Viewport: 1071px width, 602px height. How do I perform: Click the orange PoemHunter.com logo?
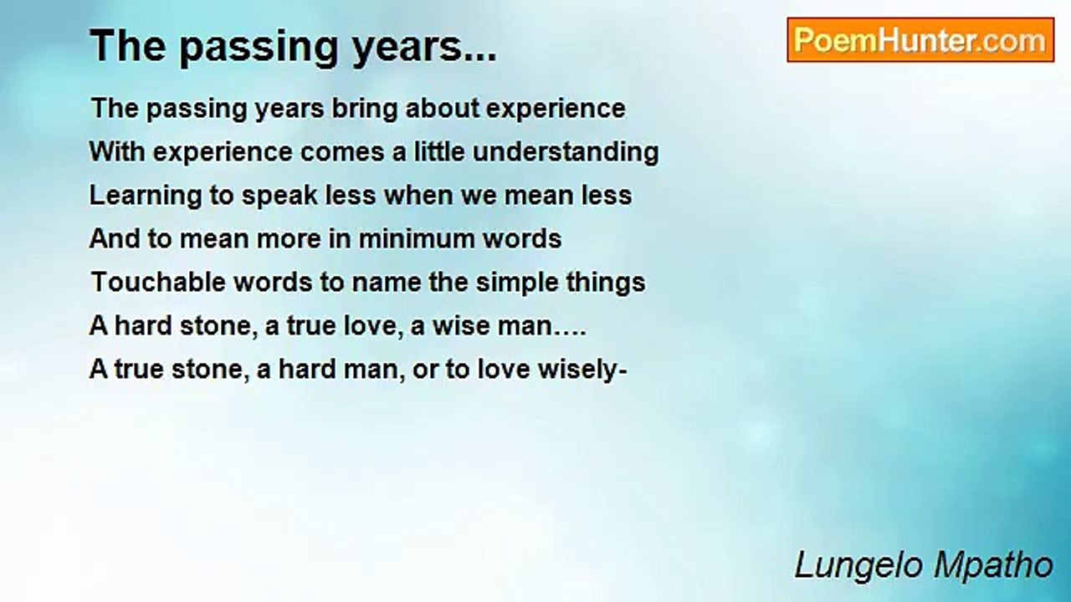coord(920,40)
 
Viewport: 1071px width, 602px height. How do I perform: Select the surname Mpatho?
coord(993,565)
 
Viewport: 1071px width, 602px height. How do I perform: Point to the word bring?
coord(365,110)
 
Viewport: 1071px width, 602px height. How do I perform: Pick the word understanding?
coord(566,152)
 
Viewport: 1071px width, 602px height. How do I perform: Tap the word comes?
coord(342,153)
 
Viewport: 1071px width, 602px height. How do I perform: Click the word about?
coord(443,109)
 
